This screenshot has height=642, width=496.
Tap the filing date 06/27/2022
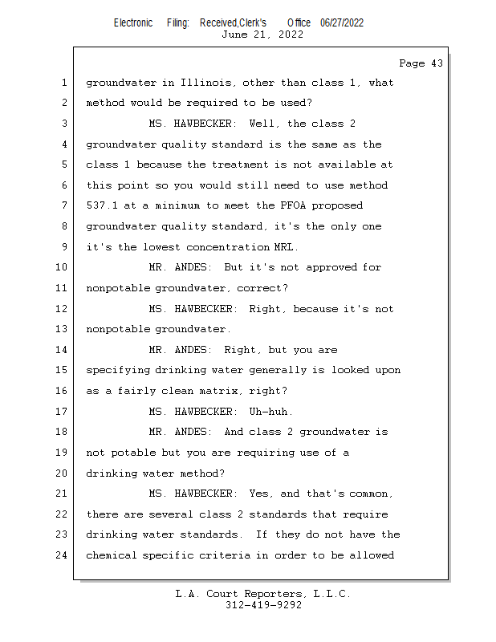[x=342, y=22]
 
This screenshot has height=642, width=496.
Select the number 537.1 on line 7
[x=102, y=206]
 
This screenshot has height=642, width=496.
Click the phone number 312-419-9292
[x=263, y=605]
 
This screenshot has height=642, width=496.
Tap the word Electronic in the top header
[x=133, y=22]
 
